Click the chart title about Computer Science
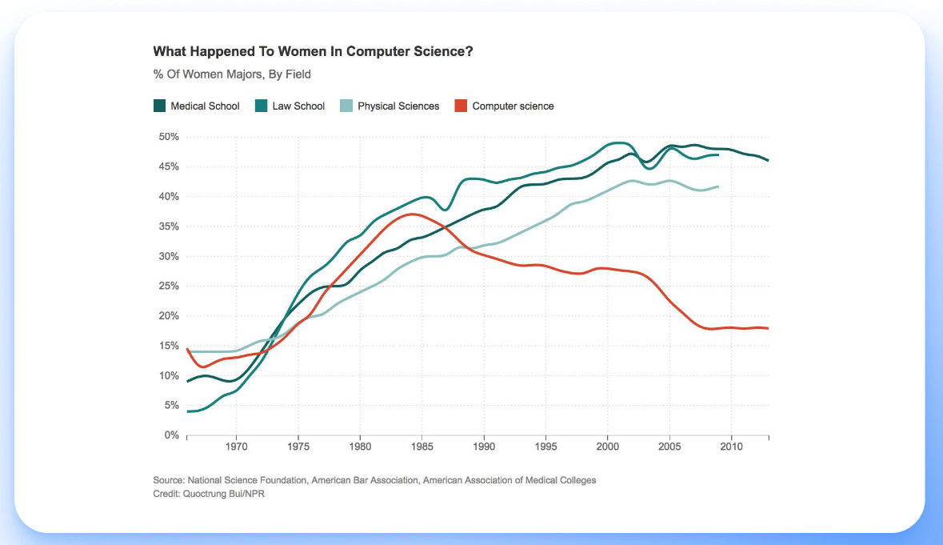[313, 51]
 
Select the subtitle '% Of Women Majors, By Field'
[232, 74]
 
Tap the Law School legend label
[298, 106]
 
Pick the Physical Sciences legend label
[398, 106]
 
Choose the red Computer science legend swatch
[460, 106]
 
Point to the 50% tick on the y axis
[167, 137]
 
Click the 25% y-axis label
[167, 286]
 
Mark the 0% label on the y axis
[170, 435]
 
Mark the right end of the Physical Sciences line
[718, 186]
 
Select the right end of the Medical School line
[768, 160]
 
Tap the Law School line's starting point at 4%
[187, 411]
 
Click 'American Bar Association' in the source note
[364, 480]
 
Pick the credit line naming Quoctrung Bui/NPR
[209, 495]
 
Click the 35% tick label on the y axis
[167, 226]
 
